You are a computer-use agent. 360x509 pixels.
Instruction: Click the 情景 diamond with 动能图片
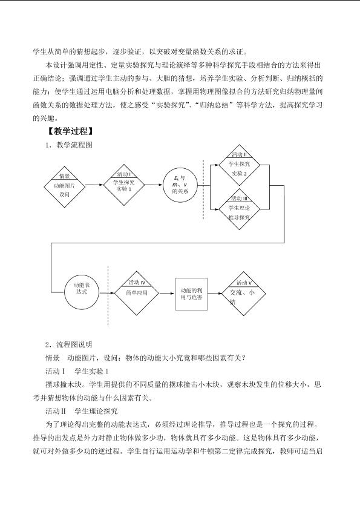click(65, 186)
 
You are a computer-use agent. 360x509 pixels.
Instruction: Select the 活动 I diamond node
click(123, 185)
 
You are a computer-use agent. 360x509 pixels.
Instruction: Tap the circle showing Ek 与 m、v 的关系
click(180, 185)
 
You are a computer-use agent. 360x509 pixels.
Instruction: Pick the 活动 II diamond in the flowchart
click(239, 165)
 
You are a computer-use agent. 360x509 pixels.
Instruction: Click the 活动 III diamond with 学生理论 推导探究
click(239, 209)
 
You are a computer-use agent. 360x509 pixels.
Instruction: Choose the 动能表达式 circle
click(82, 293)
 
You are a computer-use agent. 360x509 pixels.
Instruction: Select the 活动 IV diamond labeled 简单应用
click(136, 294)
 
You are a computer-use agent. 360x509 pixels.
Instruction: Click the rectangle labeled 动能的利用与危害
click(191, 294)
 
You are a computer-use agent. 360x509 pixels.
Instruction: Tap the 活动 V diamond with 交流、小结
click(244, 294)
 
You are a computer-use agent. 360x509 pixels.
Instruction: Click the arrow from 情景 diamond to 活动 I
click(94, 185)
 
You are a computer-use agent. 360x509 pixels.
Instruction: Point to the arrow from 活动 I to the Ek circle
click(154, 185)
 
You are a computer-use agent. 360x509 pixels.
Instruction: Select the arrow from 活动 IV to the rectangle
click(167, 294)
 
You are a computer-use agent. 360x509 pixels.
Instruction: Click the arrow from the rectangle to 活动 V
click(215, 294)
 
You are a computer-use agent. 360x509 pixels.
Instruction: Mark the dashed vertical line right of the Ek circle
click(203, 189)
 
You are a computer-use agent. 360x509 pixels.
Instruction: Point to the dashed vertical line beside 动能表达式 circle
click(108, 296)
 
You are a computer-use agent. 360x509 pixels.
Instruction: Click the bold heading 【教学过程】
click(70, 131)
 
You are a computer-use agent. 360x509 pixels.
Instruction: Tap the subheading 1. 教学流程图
click(69, 145)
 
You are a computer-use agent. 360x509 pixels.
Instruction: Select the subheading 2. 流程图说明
click(69, 344)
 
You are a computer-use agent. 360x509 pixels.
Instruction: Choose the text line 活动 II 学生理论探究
click(82, 411)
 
